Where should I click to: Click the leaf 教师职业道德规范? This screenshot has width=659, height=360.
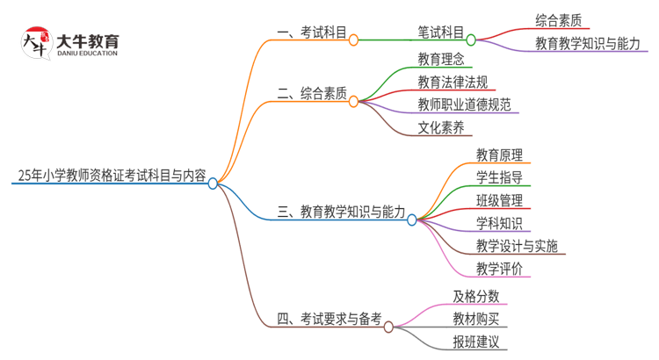pyautogui.click(x=464, y=105)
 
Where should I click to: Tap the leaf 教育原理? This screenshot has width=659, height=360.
pyautogui.click(x=500, y=155)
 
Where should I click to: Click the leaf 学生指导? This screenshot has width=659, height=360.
pyautogui.click(x=500, y=178)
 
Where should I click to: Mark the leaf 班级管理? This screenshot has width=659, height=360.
pyautogui.click(x=500, y=201)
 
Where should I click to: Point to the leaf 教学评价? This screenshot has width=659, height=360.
pyautogui.click(x=500, y=269)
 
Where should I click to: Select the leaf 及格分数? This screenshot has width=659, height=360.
pyautogui.click(x=476, y=296)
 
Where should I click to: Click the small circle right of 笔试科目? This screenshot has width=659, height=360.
pyautogui.click(x=471, y=40)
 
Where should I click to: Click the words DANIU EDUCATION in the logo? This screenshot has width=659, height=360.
pyautogui.click(x=86, y=54)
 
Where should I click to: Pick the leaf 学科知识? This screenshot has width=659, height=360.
pyautogui.click(x=500, y=223)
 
